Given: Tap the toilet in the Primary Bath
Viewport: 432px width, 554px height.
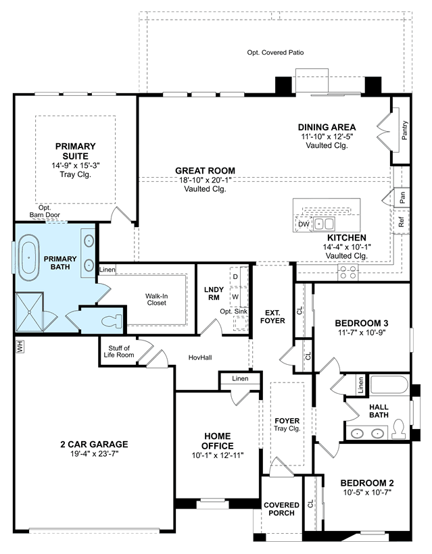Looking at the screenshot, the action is coord(112,322).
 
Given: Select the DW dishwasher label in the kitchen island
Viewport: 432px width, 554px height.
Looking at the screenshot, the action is coord(304,224).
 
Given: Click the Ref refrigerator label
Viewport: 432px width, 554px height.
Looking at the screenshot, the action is coord(402,222).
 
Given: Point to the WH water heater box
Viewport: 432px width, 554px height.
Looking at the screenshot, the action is coord(20,346).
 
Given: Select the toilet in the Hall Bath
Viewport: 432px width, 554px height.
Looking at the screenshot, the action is coord(399,428).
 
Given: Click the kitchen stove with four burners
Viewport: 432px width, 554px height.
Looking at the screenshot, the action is coord(348,272).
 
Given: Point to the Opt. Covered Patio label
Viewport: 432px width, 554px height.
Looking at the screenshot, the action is coord(275,53).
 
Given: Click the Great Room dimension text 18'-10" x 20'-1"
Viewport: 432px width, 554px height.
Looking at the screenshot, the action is coord(205,180).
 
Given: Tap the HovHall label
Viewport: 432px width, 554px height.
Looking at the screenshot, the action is coord(200,357).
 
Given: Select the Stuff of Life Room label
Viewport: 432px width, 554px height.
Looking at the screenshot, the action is coord(119,351).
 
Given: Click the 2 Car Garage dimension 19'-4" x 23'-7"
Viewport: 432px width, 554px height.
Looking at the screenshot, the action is coord(94,454).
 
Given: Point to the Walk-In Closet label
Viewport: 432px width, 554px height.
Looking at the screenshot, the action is coord(157,299).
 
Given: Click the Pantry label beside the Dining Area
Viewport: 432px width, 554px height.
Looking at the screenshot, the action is coord(405,130).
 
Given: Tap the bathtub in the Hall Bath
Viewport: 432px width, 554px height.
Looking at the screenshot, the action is coord(389,385).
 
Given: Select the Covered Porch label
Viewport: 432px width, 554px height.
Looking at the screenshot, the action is coord(281,509).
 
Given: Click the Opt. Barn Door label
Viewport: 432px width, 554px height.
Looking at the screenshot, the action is coord(45,211).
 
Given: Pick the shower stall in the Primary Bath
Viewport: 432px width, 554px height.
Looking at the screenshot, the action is coord(30,312).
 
